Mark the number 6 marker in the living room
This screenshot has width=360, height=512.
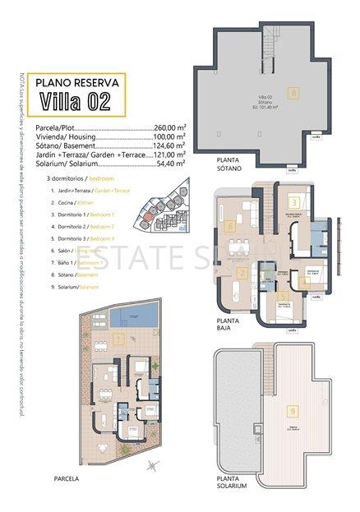(x=232, y=226)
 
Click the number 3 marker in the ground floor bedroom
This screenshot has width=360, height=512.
(x=293, y=201)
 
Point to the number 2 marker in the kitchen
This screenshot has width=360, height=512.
(x=242, y=274)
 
